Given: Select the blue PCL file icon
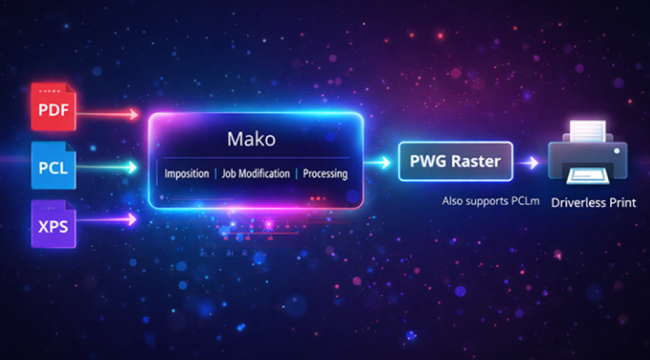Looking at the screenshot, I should point(53,165).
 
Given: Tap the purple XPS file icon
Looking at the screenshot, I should point(53,224).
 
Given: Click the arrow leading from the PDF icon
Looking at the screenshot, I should point(108,114).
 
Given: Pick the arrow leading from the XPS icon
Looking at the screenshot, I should point(108,219).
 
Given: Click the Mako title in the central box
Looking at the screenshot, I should point(251,139).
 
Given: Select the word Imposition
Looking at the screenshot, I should point(187,174).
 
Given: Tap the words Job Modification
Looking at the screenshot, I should point(256,174).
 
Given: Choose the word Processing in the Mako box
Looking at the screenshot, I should point(325,174).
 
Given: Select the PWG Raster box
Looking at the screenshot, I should point(455,161).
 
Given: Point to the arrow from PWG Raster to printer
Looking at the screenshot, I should point(528,162).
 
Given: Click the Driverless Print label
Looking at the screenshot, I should point(593,202).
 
